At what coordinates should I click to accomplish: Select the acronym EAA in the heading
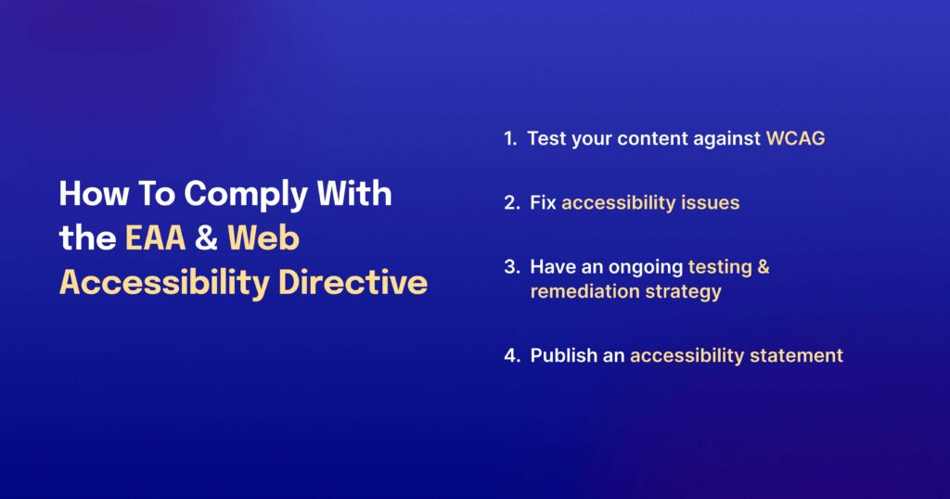pyautogui.click(x=156, y=238)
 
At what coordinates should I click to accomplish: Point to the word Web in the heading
pyautogui.click(x=264, y=238)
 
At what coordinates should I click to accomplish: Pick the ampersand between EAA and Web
pyautogui.click(x=206, y=238)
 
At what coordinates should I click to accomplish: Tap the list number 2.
pyautogui.click(x=511, y=202)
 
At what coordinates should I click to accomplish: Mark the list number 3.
pyautogui.click(x=511, y=267)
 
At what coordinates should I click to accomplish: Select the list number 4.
pyautogui.click(x=511, y=355)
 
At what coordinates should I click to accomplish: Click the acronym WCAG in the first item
pyautogui.click(x=795, y=139)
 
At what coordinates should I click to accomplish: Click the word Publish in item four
pyautogui.click(x=563, y=355)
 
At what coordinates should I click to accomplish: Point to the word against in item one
pyautogui.click(x=725, y=139)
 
